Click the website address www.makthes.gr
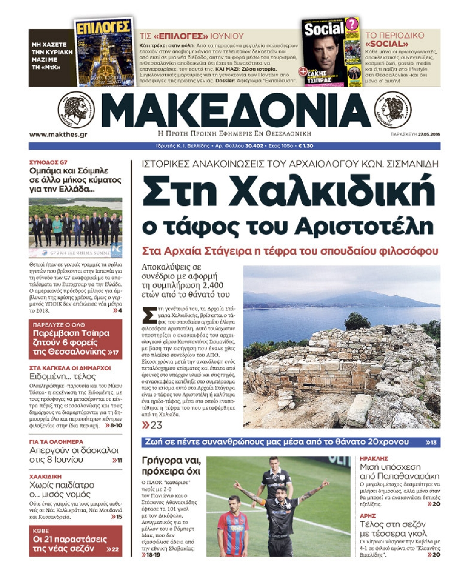click(58, 134)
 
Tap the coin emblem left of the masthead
click(77, 110)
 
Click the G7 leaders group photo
click(75, 228)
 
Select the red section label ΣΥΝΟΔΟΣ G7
click(48, 162)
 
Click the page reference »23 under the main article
click(152, 425)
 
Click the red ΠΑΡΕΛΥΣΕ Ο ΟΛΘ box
click(75, 339)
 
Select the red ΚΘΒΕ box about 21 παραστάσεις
click(75, 541)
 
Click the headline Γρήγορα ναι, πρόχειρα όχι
click(171, 466)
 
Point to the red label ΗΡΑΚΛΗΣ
click(374, 458)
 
